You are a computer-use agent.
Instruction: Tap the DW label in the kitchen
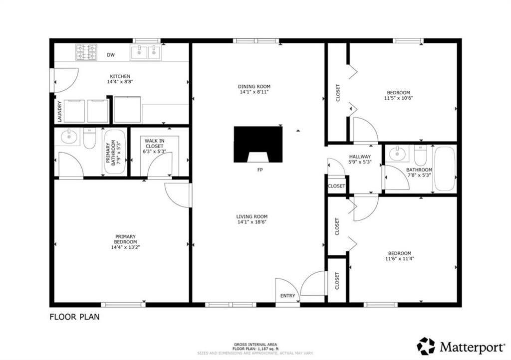point(111,55)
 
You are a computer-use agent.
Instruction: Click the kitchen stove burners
point(86,52)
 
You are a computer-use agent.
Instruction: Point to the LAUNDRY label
point(59,112)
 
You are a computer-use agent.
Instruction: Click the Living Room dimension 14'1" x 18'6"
point(252,222)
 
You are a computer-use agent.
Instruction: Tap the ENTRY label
point(288,296)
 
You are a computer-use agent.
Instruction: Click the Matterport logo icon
point(426,346)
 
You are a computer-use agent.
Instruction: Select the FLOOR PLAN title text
point(75,317)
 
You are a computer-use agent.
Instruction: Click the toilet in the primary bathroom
point(89,138)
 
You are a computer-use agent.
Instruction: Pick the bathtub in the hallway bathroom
point(444,169)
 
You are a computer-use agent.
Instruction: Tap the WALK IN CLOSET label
point(155,144)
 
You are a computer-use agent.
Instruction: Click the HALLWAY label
point(360,157)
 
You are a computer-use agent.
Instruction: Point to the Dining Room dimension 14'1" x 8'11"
point(254,92)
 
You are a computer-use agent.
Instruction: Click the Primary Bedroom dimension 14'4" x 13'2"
point(125,247)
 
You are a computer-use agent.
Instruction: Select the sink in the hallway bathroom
point(397,153)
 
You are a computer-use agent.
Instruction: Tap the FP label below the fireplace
point(260,170)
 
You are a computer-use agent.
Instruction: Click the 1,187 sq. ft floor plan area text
point(255,349)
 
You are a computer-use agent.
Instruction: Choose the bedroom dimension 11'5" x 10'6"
point(398,98)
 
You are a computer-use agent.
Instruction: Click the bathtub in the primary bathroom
point(115,152)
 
